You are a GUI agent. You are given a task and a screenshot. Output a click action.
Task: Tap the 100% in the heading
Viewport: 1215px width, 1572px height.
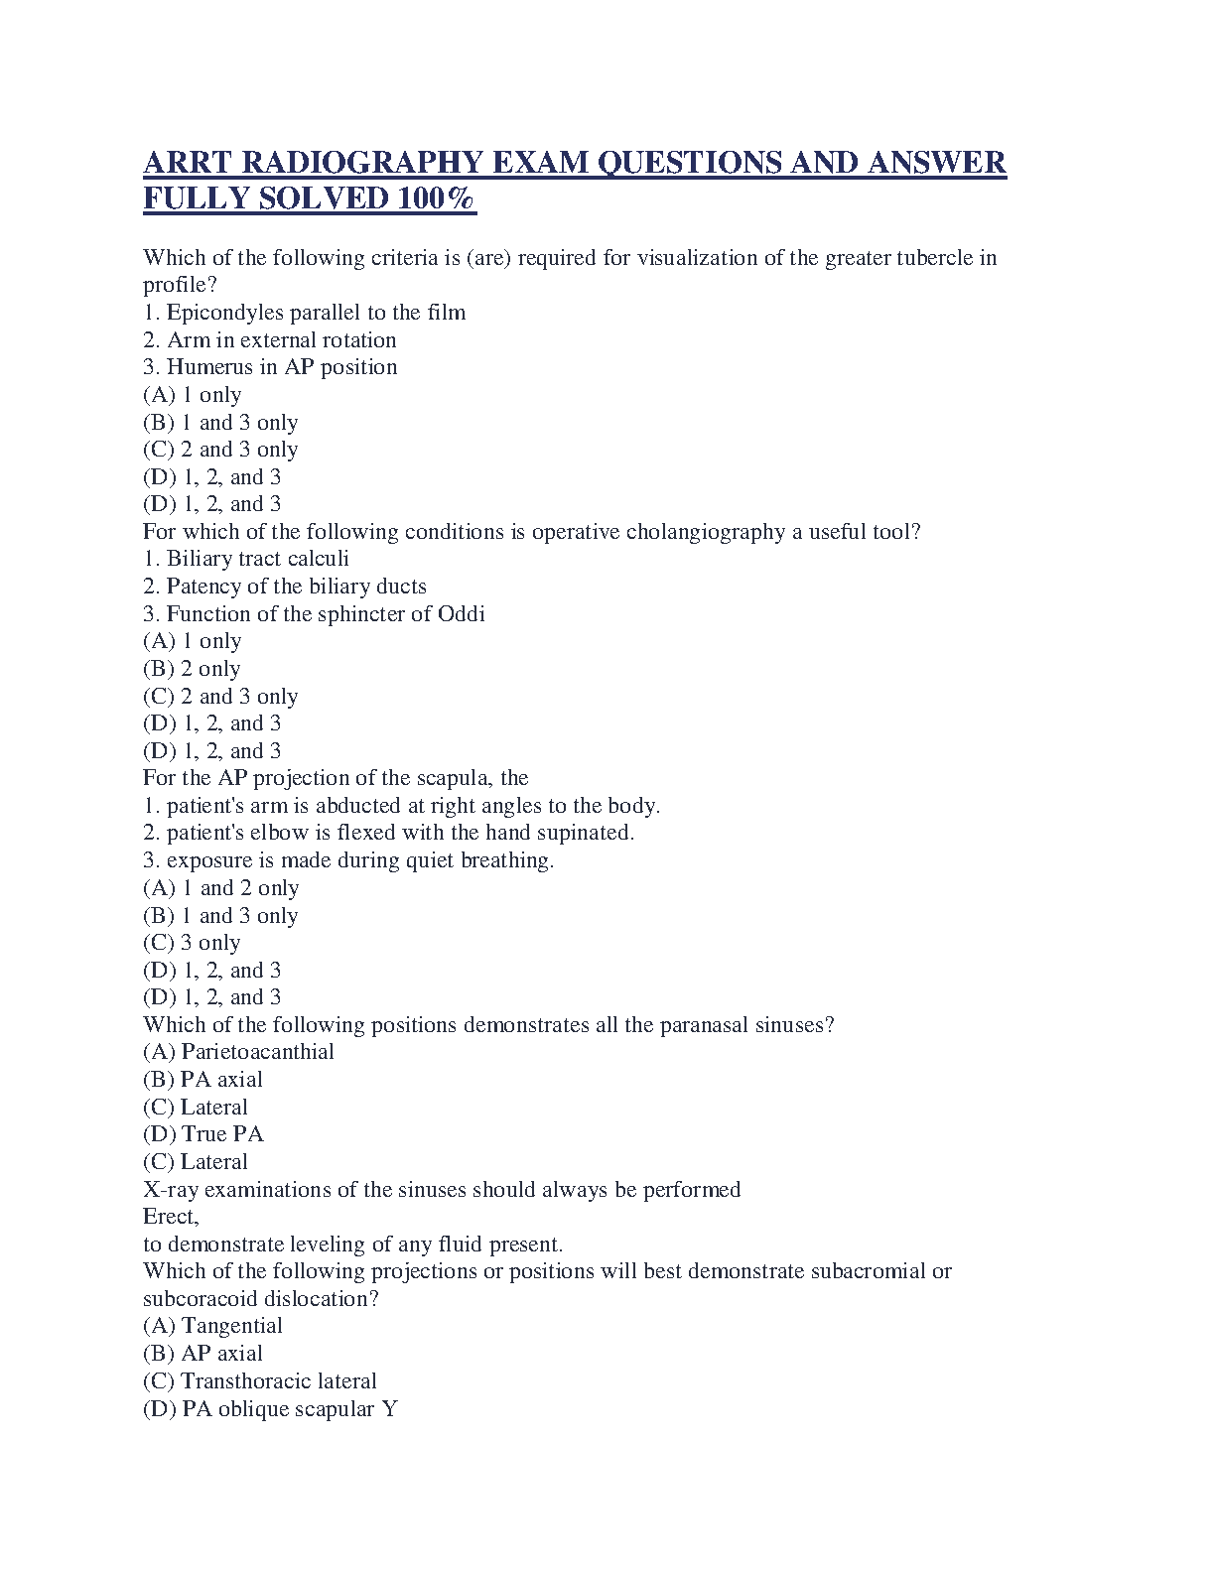437,198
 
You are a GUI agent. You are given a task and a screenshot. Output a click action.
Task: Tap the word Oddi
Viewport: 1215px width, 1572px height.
462,614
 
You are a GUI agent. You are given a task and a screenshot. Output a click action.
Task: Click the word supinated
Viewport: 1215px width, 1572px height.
585,833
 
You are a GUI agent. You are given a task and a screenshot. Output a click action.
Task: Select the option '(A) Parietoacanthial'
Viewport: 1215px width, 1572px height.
238,1052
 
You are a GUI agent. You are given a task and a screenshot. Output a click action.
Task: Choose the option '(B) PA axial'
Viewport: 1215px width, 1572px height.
202,1080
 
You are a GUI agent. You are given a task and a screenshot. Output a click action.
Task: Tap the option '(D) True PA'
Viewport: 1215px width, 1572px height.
202,1134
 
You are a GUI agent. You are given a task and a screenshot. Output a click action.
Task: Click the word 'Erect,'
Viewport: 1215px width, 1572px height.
171,1217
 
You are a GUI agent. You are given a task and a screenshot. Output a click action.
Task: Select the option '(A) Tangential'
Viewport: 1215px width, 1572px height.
212,1326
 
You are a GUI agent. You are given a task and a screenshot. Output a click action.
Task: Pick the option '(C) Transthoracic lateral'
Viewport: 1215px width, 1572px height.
259,1381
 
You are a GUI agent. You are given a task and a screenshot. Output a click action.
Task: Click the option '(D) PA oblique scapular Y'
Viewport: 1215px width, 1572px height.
270,1409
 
